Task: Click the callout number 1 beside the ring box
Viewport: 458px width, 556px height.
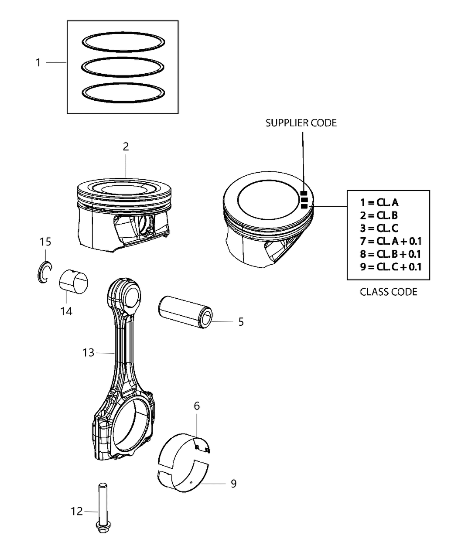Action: [x=38, y=63]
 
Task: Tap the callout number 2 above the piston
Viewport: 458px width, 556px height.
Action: [x=126, y=147]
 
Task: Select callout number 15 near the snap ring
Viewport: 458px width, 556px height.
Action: [x=45, y=242]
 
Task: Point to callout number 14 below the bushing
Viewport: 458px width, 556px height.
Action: [x=66, y=311]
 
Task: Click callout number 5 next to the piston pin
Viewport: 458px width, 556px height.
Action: [x=241, y=322]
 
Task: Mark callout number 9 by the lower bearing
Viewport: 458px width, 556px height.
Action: [x=233, y=484]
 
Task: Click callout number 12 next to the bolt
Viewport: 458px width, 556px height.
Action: [x=77, y=511]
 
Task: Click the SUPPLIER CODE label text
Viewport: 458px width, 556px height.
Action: [x=301, y=123]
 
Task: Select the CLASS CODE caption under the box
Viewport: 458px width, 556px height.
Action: [x=388, y=292]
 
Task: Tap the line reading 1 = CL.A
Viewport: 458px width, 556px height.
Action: [x=379, y=202]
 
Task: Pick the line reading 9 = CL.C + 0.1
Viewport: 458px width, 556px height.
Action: [x=391, y=266]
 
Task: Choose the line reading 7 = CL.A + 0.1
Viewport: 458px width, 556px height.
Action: [x=391, y=241]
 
